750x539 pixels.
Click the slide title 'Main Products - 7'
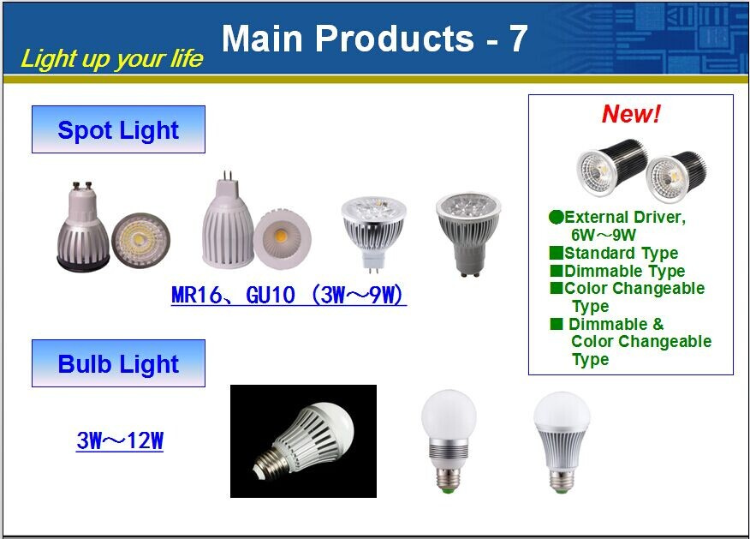coord(374,39)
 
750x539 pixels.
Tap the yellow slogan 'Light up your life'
coord(112,59)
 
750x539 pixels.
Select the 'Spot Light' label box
coord(118,129)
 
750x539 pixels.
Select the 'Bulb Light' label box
coord(118,363)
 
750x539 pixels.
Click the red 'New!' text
coord(631,114)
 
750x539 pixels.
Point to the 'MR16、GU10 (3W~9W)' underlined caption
coord(289,295)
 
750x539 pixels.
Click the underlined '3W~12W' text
coord(120,440)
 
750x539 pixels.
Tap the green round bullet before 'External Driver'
coord(556,218)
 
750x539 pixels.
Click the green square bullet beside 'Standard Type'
coord(557,252)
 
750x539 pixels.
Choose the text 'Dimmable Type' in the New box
coord(624,271)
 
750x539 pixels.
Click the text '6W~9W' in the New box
coord(603,235)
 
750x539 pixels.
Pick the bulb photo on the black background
coord(303,440)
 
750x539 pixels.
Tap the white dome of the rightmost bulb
coord(562,410)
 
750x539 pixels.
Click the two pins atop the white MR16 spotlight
coord(228,176)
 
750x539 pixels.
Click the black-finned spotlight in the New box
coord(641,170)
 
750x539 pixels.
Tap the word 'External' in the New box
coord(596,218)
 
